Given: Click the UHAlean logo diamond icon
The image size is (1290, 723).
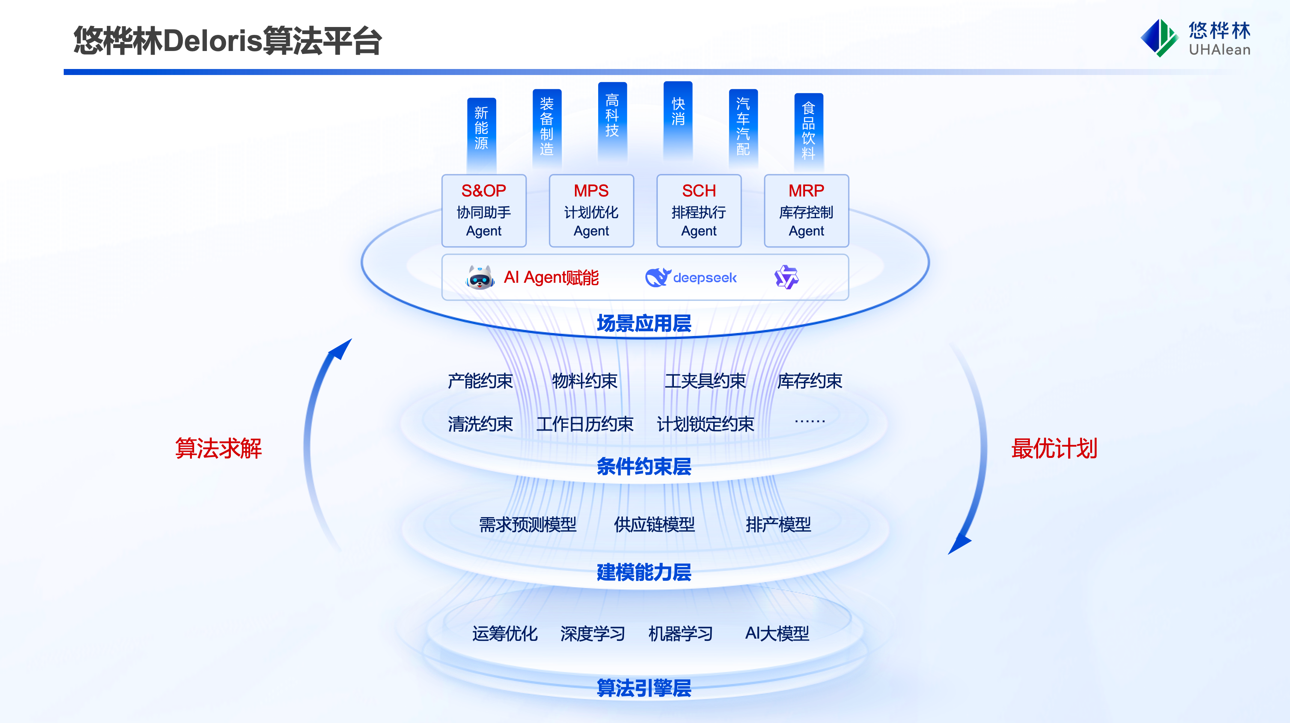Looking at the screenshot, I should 1158,38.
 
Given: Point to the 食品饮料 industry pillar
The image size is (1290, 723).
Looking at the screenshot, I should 809,130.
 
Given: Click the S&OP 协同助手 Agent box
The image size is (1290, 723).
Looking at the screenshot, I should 484,210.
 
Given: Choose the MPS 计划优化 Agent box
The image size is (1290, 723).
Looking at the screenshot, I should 591,210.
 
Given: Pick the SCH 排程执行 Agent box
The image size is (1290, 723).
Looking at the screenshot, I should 699,210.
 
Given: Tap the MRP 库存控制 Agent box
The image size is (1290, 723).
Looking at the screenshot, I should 806,210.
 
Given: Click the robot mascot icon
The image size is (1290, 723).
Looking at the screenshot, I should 480,277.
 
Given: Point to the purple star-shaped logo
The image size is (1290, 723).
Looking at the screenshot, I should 786,277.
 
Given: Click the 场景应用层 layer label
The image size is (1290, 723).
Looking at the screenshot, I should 644,323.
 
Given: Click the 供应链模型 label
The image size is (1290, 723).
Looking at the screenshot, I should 654,525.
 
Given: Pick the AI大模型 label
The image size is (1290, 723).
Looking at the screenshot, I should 777,634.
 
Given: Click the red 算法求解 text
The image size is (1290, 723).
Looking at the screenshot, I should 218,448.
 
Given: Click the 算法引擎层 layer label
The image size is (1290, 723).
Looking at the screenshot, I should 644,688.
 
